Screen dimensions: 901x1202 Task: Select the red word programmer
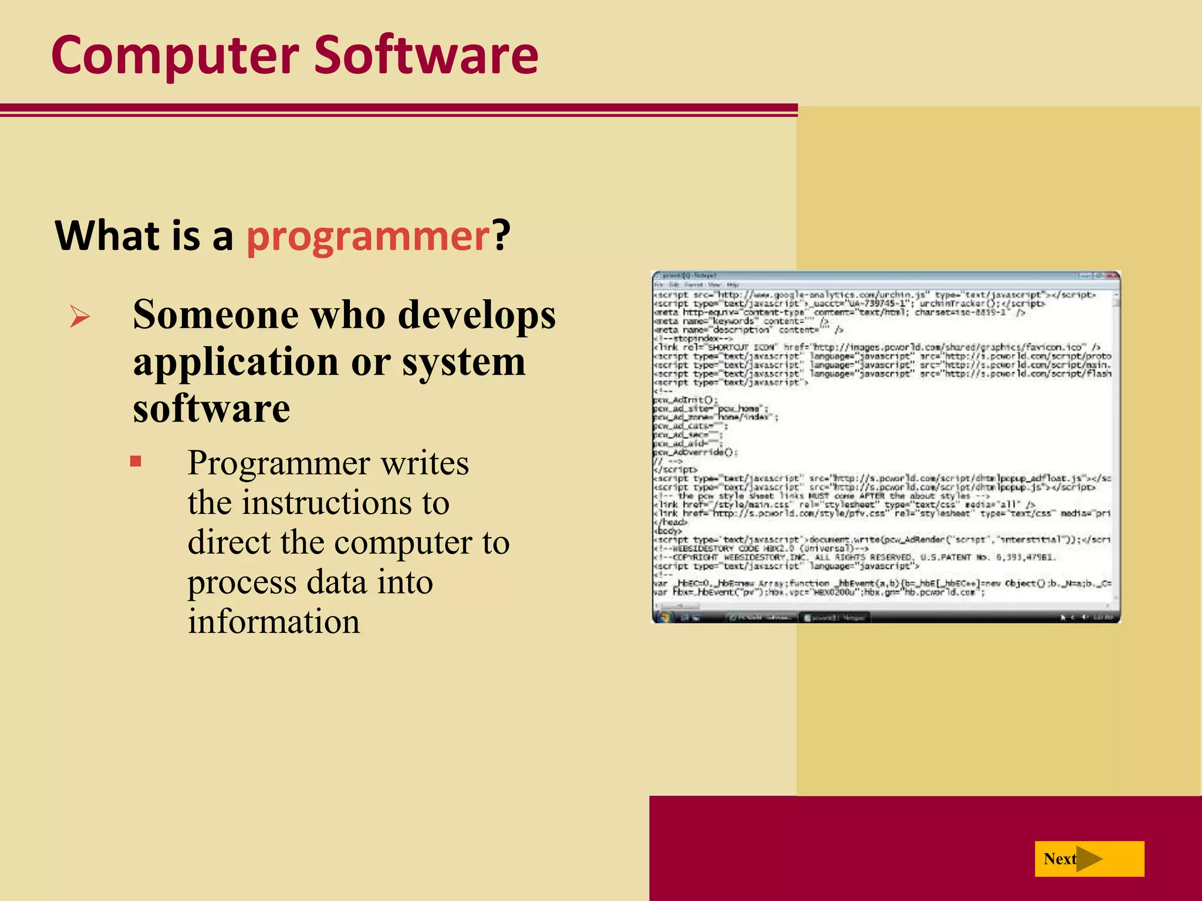click(x=368, y=236)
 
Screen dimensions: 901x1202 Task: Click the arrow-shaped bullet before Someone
click(x=79, y=317)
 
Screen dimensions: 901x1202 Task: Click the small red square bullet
click(x=136, y=461)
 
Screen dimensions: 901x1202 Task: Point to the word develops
click(x=476, y=316)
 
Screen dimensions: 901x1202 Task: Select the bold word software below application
click(x=211, y=408)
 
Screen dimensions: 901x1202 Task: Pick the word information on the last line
click(x=274, y=622)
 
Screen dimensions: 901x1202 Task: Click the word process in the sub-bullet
click(x=242, y=582)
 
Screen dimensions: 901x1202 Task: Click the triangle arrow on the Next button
click(x=1089, y=859)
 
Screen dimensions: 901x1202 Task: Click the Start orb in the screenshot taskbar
click(x=664, y=617)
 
